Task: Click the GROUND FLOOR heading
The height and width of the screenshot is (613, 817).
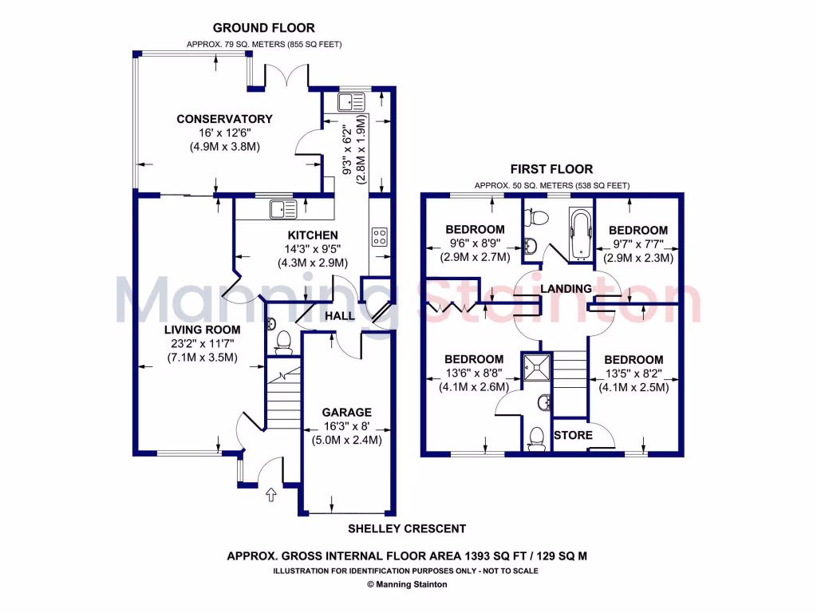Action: click(263, 28)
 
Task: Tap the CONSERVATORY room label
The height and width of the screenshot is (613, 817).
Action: click(224, 119)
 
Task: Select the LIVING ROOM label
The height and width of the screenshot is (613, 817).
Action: click(202, 329)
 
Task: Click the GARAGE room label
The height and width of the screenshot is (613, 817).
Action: click(346, 413)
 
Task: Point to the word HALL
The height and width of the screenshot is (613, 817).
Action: click(340, 317)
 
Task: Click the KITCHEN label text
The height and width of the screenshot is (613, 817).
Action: click(313, 235)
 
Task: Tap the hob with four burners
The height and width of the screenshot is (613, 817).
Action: click(380, 236)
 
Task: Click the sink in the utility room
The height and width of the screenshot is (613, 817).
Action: click(350, 102)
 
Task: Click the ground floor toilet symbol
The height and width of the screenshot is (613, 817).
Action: click(282, 341)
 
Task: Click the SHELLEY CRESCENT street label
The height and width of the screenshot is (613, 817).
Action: click(407, 528)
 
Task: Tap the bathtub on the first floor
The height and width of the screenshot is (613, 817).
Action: click(578, 234)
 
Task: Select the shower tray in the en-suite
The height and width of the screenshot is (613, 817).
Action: click(532, 366)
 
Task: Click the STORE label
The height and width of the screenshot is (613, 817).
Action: click(573, 435)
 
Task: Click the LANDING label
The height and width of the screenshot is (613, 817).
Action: click(566, 288)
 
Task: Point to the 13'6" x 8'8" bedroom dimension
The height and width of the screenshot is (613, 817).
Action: click(474, 374)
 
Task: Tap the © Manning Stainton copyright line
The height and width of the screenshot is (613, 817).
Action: click(407, 584)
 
